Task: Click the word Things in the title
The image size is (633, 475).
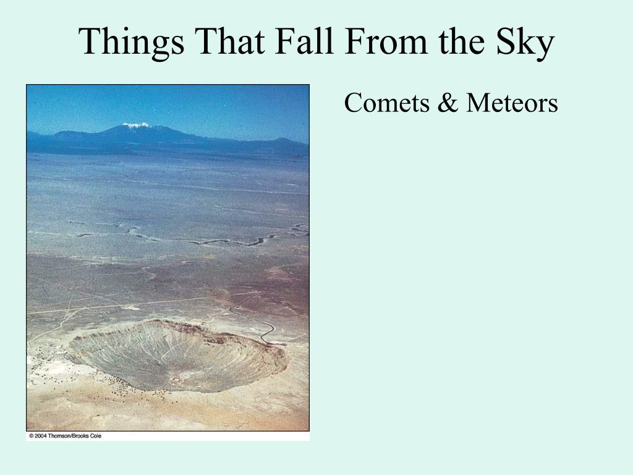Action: pos(132,41)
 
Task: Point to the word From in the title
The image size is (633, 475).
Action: pos(386,41)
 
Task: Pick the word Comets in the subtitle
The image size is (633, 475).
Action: pos(387,103)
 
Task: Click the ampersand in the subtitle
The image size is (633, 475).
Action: pos(448,103)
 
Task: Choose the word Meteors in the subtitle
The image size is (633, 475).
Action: pos(512,103)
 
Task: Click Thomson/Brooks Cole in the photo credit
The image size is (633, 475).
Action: pos(75,436)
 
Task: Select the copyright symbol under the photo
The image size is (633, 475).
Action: pos(31,436)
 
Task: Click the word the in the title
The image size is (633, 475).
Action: pos(462,41)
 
